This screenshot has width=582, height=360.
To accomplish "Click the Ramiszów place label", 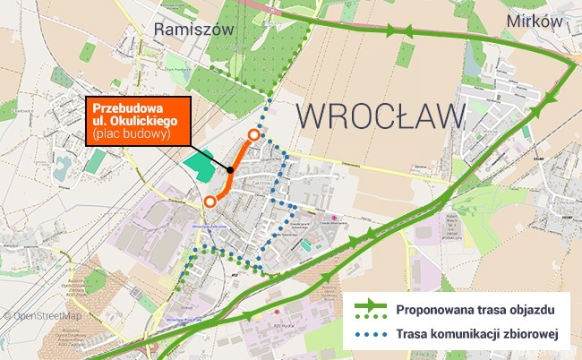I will point(193,30).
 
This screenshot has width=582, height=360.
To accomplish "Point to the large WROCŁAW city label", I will point(381,117).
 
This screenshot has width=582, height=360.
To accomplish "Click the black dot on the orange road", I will point(230,169).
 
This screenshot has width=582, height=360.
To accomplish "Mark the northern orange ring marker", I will point(253,135).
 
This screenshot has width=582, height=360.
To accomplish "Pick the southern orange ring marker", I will point(210,201).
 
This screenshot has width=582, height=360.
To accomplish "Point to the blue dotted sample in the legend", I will point(370,336).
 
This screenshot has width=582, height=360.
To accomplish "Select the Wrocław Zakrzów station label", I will point(207,227).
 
